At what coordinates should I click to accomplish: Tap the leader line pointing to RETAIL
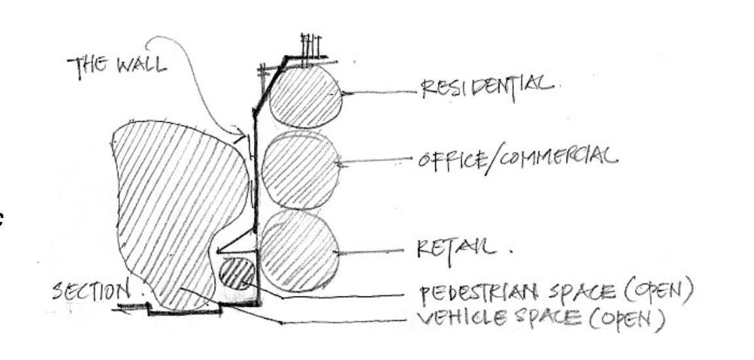pyautogui.click(x=373, y=251)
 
